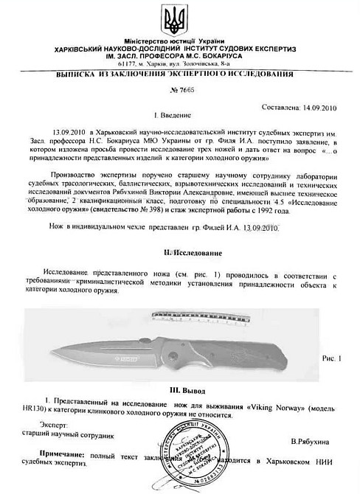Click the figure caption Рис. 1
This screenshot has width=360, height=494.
pos(333,358)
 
